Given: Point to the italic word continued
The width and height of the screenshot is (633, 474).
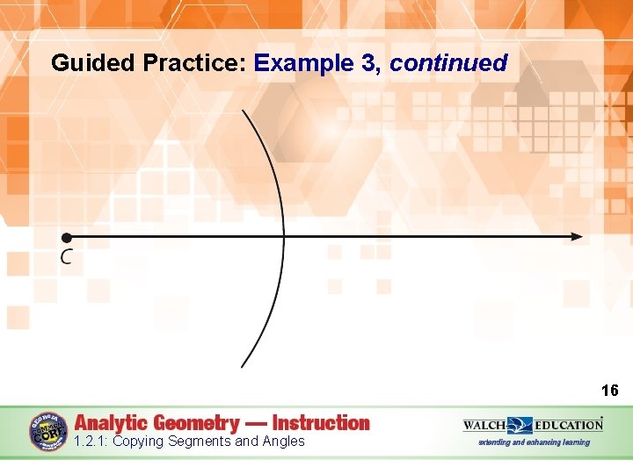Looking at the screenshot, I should [449, 63].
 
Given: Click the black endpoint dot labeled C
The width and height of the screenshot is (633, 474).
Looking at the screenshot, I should [65, 237].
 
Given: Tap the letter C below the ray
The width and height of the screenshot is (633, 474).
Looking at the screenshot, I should [66, 257].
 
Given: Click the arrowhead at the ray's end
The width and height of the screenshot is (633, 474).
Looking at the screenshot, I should [576, 237].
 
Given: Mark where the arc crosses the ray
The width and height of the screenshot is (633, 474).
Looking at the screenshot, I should [283, 237].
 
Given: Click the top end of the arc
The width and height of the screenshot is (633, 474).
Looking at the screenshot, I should [244, 111].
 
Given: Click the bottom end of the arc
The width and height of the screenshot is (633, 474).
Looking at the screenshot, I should [243, 365].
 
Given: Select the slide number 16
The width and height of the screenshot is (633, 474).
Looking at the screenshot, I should [609, 391].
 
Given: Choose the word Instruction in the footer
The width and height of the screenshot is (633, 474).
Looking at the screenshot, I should [321, 423].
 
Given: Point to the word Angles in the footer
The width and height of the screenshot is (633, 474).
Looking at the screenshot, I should [282, 442].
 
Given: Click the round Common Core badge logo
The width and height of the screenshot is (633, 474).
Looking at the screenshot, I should [47, 432].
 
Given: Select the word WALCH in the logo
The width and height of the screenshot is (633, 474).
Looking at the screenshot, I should [484, 426].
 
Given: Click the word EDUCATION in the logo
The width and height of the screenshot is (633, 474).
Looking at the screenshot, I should [567, 426].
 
